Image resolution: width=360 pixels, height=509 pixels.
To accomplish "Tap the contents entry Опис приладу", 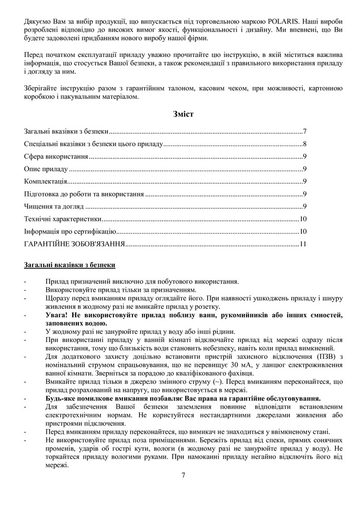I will click(46, 169).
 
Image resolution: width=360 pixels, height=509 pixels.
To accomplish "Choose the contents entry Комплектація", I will click(45, 181).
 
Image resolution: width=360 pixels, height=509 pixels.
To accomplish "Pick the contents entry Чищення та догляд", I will click(53, 206).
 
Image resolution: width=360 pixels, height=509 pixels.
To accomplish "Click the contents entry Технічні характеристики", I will click(62, 219).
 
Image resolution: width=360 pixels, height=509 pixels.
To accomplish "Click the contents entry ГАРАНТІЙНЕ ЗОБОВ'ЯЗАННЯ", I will click(74, 244).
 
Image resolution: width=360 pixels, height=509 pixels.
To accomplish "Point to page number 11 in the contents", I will click(303, 244).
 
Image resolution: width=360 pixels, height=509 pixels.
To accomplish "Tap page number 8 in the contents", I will click(304, 144).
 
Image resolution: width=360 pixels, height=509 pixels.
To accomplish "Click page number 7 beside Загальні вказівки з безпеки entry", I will click(304, 131).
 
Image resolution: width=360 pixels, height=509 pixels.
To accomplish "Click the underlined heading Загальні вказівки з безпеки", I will click(69, 265).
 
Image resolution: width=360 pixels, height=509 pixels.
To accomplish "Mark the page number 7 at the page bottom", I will click(183, 475).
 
